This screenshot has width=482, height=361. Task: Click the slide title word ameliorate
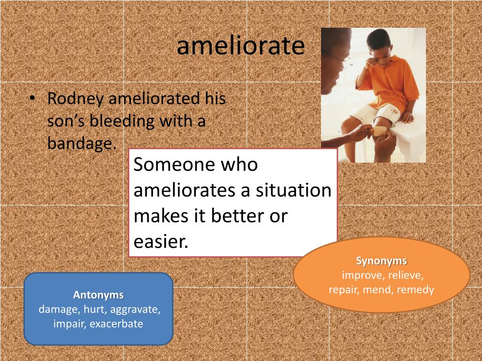(241, 47)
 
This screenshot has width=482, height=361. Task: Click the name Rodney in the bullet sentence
(76, 99)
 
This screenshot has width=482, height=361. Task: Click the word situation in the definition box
(294, 191)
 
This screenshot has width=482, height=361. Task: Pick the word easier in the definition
(160, 242)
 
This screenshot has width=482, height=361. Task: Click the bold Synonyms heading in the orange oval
(381, 261)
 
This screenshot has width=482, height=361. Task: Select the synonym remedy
(415, 290)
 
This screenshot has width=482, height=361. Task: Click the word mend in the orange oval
(379, 290)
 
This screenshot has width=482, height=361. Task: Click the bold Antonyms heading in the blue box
(98, 295)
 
